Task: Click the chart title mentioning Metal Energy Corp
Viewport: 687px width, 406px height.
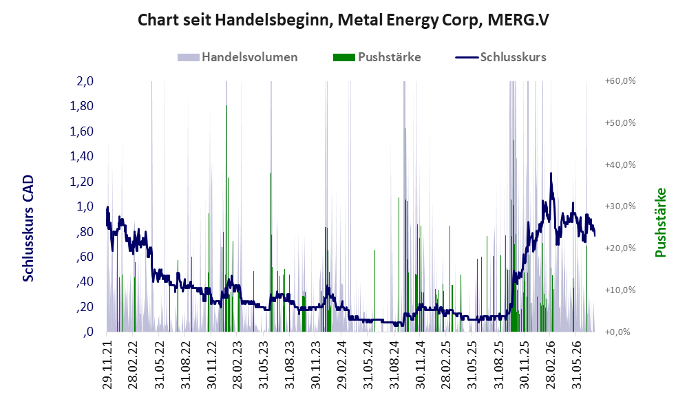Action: pyautogui.click(x=343, y=20)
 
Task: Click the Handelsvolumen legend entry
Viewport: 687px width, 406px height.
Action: pyautogui.click(x=237, y=57)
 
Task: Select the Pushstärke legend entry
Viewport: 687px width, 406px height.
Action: pyautogui.click(x=377, y=57)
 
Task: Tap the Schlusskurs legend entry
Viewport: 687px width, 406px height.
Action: pyautogui.click(x=500, y=57)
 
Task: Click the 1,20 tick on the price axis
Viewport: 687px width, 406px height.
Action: pyautogui.click(x=82, y=181)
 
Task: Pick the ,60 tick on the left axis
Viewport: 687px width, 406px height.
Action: pyautogui.click(x=85, y=256)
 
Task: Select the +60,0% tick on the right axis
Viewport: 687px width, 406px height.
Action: pyautogui.click(x=620, y=81)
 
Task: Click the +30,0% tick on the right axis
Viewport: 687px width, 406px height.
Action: pyautogui.click(x=620, y=206)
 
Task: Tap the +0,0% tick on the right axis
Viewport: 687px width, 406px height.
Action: pyautogui.click(x=617, y=332)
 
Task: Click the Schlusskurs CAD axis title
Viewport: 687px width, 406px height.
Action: pyautogui.click(x=28, y=228)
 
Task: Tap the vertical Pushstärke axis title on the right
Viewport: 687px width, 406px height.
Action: pyautogui.click(x=660, y=222)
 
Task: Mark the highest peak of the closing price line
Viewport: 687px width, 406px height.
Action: pyautogui.click(x=551, y=173)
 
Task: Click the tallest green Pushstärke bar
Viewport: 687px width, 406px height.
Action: pyautogui.click(x=226, y=218)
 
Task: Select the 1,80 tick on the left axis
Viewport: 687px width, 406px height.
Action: pyautogui.click(x=82, y=106)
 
